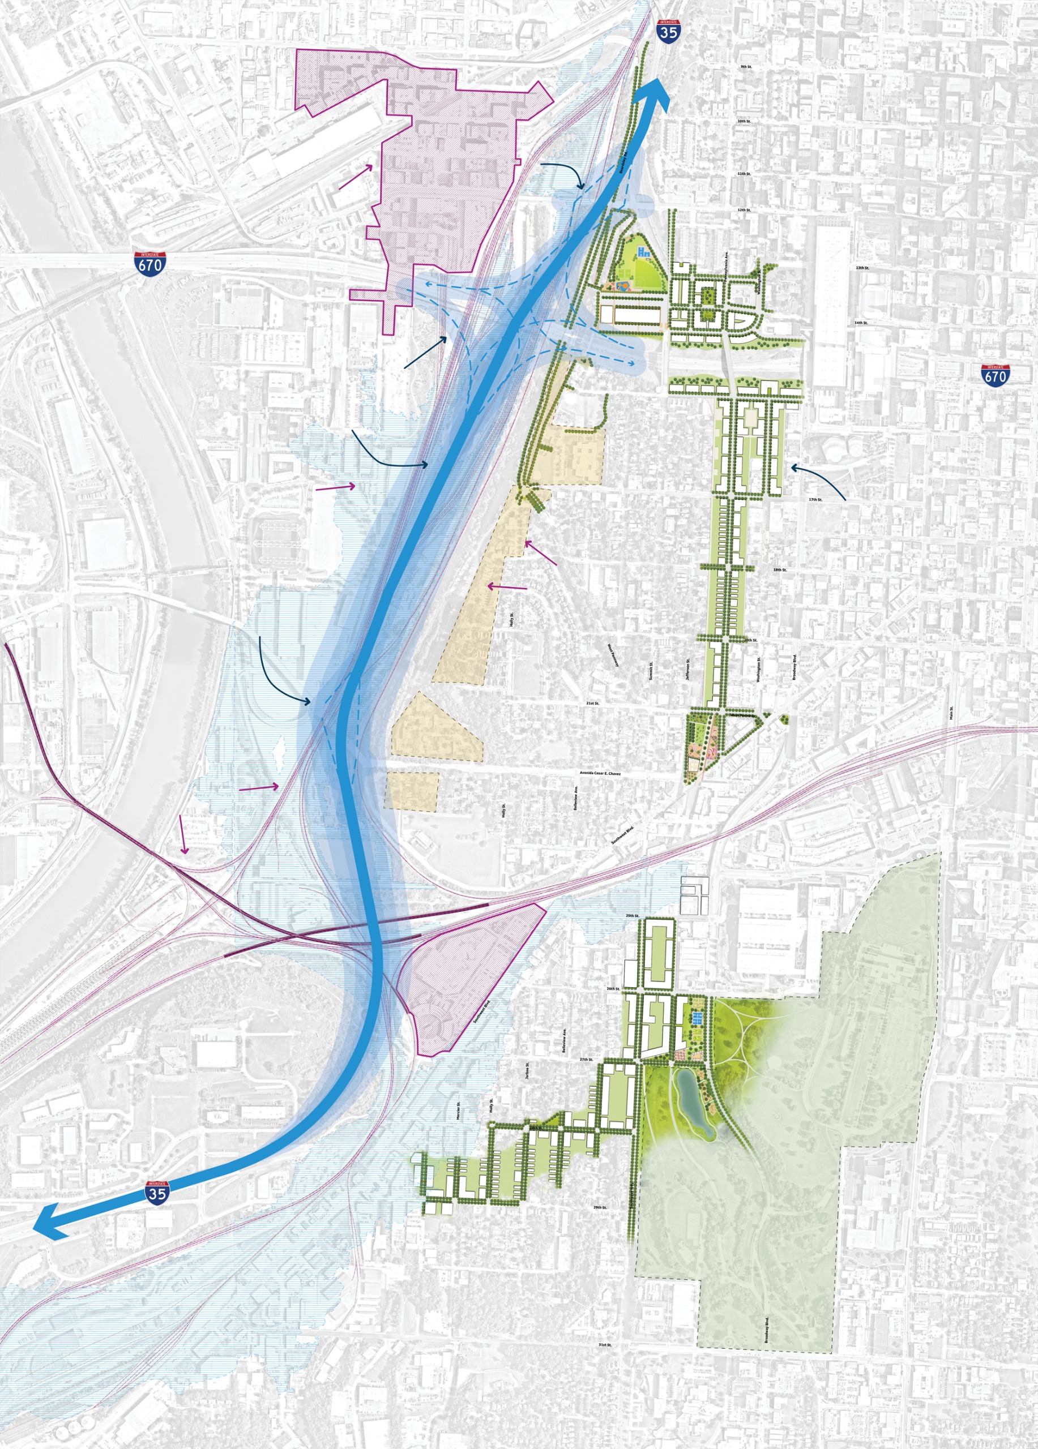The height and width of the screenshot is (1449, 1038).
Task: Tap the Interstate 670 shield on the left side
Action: click(150, 263)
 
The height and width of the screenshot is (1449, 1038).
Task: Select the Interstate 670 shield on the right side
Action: click(995, 375)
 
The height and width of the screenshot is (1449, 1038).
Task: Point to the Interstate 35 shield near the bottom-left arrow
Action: click(157, 1192)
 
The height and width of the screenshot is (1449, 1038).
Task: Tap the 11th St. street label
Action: click(744, 174)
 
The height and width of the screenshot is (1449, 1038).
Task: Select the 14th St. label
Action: click(861, 323)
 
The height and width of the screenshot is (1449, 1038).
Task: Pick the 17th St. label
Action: click(815, 500)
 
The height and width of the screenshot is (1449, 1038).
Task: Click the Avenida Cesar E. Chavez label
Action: click(600, 773)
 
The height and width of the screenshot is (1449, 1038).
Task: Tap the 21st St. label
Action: click(592, 704)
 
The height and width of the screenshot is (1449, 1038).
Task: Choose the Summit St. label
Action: click(651, 670)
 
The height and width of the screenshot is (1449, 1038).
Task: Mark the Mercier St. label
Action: click(458, 1111)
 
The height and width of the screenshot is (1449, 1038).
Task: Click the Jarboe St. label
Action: click(527, 1071)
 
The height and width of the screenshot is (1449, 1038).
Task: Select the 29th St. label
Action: click(600, 1207)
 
